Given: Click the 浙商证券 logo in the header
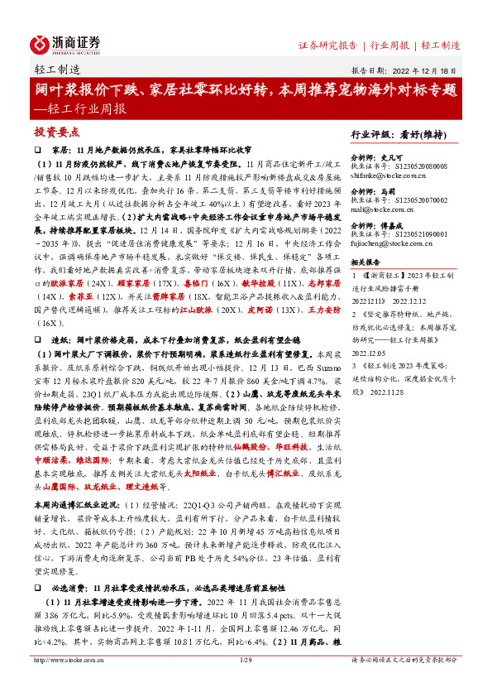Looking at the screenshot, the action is click(x=65, y=42).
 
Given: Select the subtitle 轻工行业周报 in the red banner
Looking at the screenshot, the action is click(x=83, y=108).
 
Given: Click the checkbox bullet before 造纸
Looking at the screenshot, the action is click(x=37, y=339).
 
